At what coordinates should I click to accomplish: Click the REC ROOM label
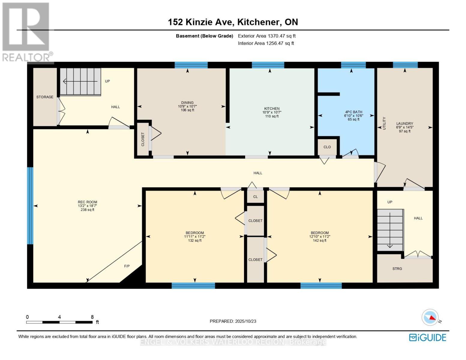[x=87, y=202]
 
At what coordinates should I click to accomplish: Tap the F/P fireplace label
[x=127, y=266]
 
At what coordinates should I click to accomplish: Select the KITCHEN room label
[x=272, y=109]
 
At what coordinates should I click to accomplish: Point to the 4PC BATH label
[x=353, y=112]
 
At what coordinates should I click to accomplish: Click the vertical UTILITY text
[x=384, y=123]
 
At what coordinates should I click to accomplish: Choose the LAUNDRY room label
[x=404, y=124]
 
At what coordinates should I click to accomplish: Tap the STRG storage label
[x=397, y=269]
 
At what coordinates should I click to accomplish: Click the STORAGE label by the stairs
[x=45, y=97]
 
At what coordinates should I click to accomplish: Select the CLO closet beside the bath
[x=327, y=147]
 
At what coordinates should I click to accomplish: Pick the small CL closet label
[x=255, y=196]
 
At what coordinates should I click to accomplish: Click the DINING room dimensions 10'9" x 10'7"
[x=187, y=106]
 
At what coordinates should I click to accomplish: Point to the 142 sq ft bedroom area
[x=320, y=240]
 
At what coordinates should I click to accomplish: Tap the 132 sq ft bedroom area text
[x=194, y=240]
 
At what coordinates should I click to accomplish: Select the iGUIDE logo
[x=428, y=337]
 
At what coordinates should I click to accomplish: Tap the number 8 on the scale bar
[x=92, y=317]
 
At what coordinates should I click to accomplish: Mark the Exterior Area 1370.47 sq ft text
[x=267, y=36]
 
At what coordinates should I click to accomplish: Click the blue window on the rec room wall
[x=30, y=205]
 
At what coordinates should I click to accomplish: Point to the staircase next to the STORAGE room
[x=80, y=82]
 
